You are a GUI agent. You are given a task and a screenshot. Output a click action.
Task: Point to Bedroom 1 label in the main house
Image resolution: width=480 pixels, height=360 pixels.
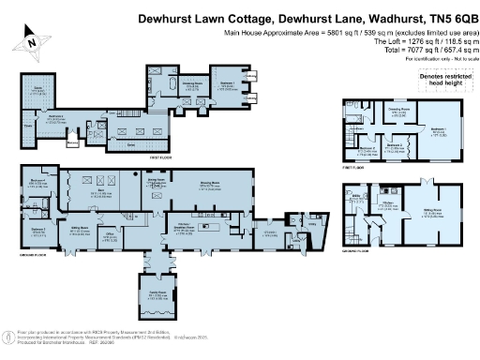[226, 84]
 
